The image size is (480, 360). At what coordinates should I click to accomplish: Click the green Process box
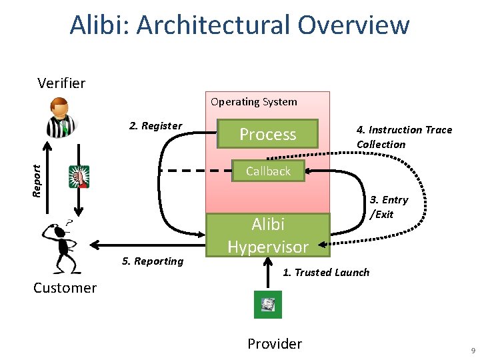click(x=267, y=134)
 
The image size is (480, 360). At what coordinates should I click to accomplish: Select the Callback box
click(x=268, y=171)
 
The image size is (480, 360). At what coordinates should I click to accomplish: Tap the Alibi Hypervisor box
click(x=268, y=235)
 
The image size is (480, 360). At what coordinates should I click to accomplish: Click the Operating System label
click(x=254, y=101)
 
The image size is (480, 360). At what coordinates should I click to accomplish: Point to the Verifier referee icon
click(x=61, y=117)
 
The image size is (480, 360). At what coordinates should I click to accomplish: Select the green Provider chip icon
click(x=268, y=305)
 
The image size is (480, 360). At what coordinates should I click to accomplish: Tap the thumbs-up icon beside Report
click(x=79, y=177)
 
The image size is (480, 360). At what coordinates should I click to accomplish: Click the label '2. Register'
click(x=155, y=126)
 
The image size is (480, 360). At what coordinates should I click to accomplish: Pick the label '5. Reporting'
click(x=153, y=261)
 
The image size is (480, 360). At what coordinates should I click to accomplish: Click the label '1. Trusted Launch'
click(x=326, y=273)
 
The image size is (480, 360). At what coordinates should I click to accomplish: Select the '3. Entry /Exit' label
click(x=389, y=207)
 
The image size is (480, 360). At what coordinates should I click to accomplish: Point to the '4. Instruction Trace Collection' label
click(x=404, y=137)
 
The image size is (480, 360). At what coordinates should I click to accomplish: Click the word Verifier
click(x=61, y=83)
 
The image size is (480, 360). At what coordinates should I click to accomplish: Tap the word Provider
click(x=275, y=344)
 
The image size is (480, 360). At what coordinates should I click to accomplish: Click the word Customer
click(x=65, y=288)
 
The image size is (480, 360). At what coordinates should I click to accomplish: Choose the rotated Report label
click(x=37, y=181)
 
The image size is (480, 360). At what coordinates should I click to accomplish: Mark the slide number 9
click(x=473, y=351)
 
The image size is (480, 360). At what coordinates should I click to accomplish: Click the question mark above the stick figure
click(x=69, y=222)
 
